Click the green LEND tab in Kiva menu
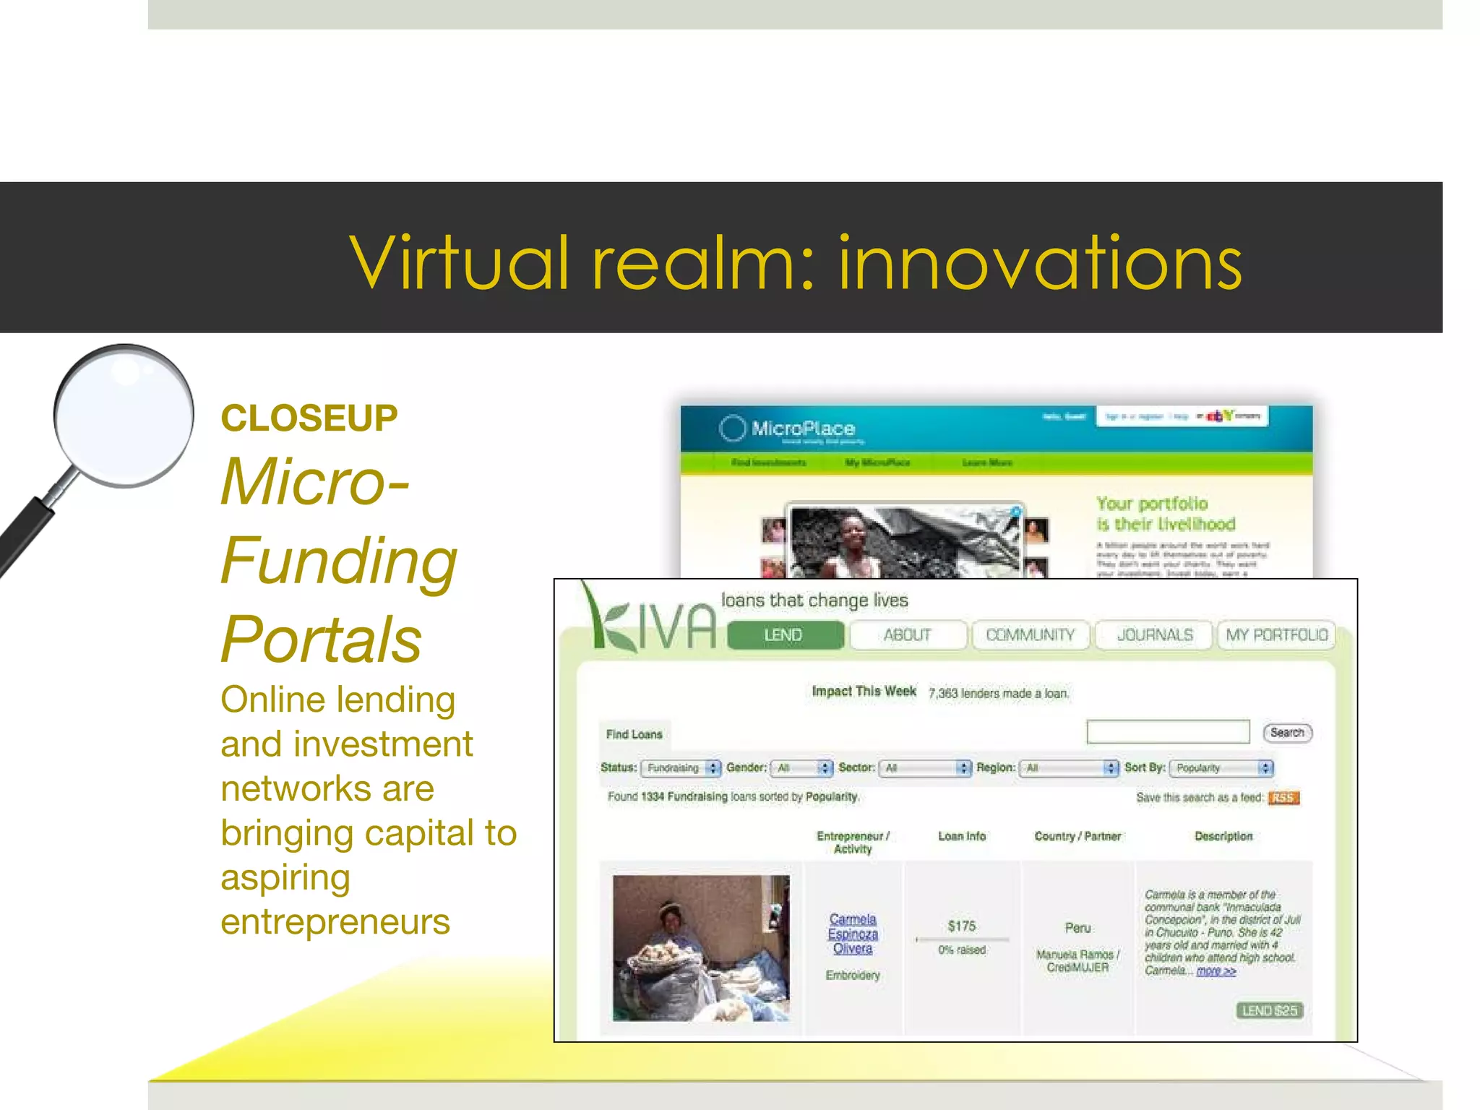(785, 635)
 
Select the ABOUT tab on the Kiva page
(908, 635)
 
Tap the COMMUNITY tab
(1031, 635)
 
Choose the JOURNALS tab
(1155, 635)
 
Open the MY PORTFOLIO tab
(1277, 635)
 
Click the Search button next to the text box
(1287, 733)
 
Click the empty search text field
(1168, 732)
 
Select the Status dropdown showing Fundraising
(680, 768)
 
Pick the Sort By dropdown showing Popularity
(1221, 768)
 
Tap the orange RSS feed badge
(1283, 798)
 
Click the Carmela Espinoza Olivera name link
(853, 934)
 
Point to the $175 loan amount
(962, 926)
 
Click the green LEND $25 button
(1270, 1010)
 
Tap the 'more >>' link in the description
(1216, 971)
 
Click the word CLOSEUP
(309, 418)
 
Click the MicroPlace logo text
(803, 429)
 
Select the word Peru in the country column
(1077, 928)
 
